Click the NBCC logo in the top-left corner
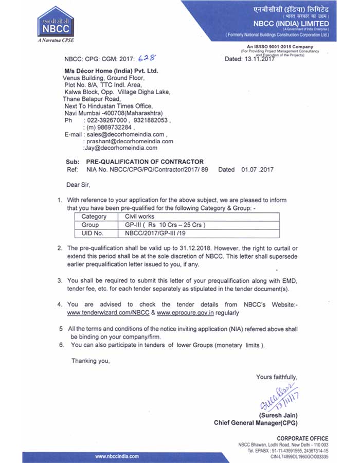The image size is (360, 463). click(55, 25)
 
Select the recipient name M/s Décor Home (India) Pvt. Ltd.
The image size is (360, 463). click(111, 70)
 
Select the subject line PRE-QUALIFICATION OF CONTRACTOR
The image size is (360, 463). click(145, 162)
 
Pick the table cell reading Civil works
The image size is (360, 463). click(140, 217)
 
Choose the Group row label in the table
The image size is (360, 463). click(91, 225)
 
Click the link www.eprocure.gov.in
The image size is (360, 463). click(185, 312)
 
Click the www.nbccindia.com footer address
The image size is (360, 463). click(117, 456)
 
